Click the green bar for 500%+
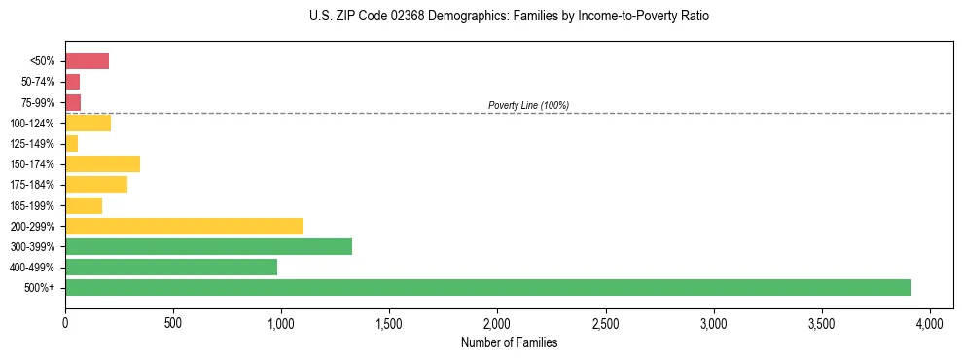pyautogui.click(x=487, y=287)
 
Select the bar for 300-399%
pyautogui.click(x=208, y=246)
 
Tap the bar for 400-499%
pyautogui.click(x=171, y=267)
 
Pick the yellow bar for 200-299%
pyautogui.click(x=184, y=226)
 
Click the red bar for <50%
pyautogui.click(x=87, y=61)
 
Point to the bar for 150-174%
pyautogui.click(x=102, y=163)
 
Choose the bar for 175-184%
pyautogui.click(x=96, y=185)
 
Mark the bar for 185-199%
pyautogui.click(x=84, y=205)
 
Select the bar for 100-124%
pyautogui.click(x=88, y=123)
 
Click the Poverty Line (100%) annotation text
pyautogui.click(x=528, y=105)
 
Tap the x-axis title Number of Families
pyautogui.click(x=509, y=342)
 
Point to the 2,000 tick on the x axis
pyautogui.click(x=497, y=322)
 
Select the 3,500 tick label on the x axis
pyautogui.click(x=822, y=322)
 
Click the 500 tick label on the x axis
pyautogui.click(x=173, y=322)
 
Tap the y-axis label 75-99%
pyautogui.click(x=40, y=102)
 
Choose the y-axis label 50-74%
pyautogui.click(x=40, y=82)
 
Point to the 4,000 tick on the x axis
pyautogui.click(x=930, y=322)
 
